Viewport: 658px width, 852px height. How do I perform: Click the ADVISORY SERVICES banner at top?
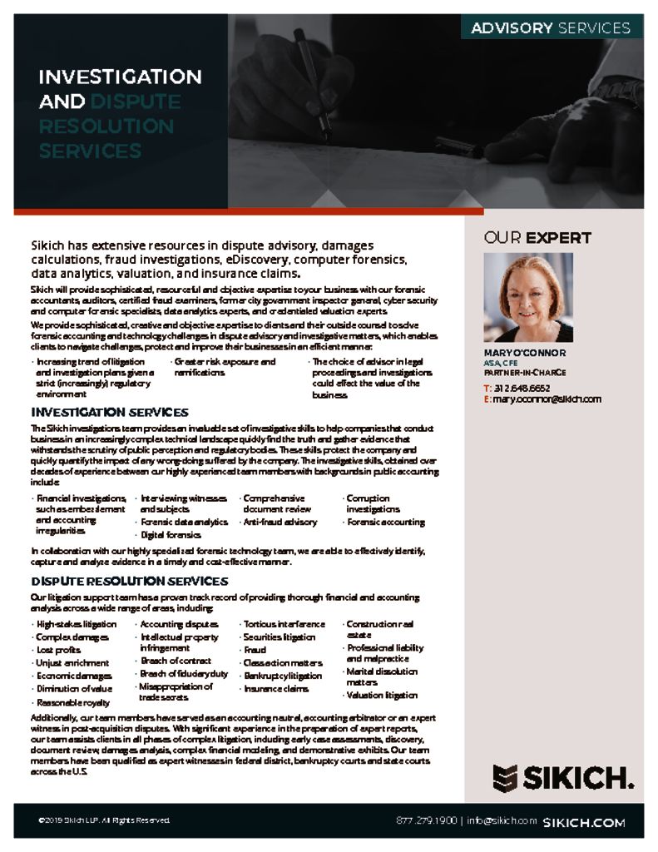(551, 27)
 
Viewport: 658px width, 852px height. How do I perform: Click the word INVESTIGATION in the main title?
(120, 77)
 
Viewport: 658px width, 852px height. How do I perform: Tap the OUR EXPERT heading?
(537, 238)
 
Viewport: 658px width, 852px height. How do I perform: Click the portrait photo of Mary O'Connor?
(528, 297)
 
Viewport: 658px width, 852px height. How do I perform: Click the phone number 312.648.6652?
(522, 388)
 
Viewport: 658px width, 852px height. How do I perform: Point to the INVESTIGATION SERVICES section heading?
(110, 412)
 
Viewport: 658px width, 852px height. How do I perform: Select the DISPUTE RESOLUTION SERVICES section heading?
(129, 581)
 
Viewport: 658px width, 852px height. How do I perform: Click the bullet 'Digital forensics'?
(171, 535)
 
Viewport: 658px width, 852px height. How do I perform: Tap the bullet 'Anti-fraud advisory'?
(280, 523)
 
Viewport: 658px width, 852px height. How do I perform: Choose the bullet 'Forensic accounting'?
(385, 523)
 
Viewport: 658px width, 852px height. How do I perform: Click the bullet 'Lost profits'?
(59, 650)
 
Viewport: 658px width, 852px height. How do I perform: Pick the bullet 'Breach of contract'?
(175, 661)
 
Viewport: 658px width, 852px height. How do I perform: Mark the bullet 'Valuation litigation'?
(382, 696)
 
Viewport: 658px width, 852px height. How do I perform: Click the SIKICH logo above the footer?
(562, 779)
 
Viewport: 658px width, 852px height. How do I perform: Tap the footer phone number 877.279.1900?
(426, 820)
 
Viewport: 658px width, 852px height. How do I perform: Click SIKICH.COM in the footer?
(583, 822)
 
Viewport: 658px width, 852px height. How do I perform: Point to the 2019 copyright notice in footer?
(104, 821)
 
